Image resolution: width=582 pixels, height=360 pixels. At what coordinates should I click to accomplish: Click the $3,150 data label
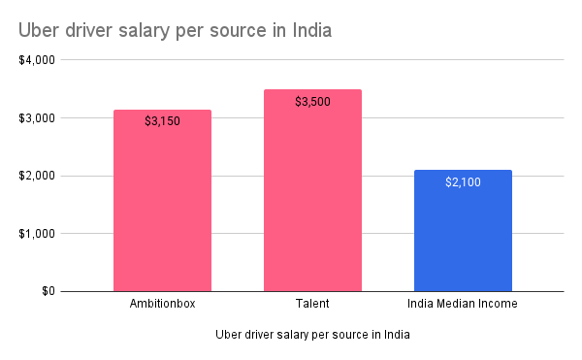[x=162, y=121]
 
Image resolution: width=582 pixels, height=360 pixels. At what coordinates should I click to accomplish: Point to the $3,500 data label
[x=312, y=101]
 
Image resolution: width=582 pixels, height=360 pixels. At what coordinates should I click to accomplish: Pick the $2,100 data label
[x=463, y=181]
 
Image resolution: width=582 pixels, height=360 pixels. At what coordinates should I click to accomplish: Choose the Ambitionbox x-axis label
[x=162, y=305]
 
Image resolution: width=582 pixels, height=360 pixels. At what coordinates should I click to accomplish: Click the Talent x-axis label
[x=312, y=305]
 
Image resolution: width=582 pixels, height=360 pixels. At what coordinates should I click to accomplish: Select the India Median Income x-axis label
[x=463, y=305]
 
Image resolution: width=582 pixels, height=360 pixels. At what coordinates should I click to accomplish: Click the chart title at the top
[x=175, y=30]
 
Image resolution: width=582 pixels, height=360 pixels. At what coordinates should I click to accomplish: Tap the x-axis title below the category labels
[x=312, y=336]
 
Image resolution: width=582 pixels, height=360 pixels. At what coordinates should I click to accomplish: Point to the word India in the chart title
[x=308, y=30]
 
